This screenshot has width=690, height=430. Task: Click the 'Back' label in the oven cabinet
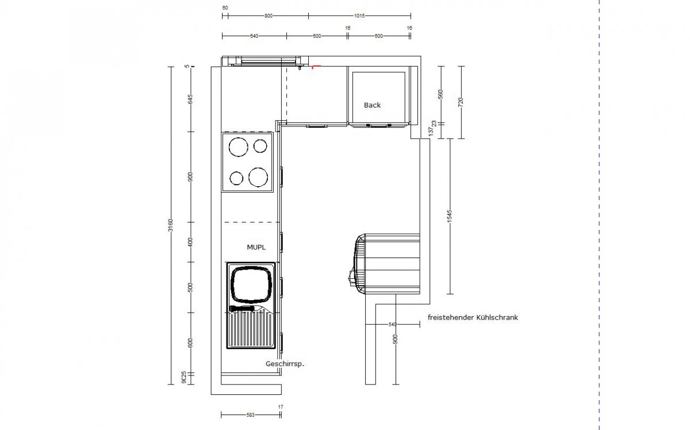coord(372,105)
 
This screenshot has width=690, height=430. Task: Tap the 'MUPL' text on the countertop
coord(256,247)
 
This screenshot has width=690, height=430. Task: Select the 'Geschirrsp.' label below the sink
coord(284,364)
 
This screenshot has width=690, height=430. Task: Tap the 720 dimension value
coord(461,102)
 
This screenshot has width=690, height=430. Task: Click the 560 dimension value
coord(441,95)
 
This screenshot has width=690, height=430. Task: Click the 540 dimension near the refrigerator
coord(393,325)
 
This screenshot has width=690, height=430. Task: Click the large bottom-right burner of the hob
coord(259,178)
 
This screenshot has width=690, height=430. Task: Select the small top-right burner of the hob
coord(260,145)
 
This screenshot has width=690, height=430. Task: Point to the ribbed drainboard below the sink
coord(251,330)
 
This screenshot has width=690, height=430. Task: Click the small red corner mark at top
coord(314,67)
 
